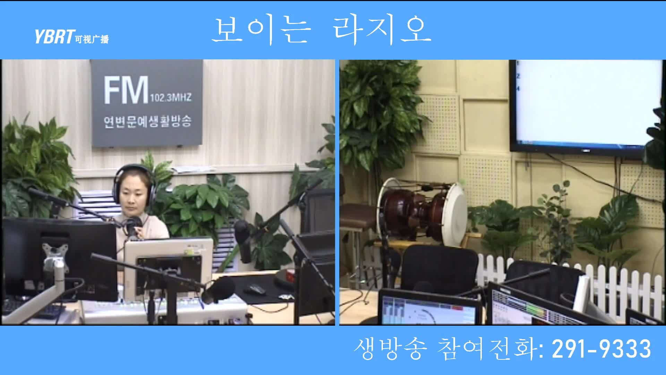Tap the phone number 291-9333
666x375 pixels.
pos(601,349)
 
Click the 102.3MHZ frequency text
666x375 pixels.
pos(170,97)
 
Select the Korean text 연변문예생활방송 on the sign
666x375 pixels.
pos(147,122)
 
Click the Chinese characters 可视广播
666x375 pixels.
pos(92,39)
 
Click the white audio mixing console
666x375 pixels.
pos(166,309)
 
